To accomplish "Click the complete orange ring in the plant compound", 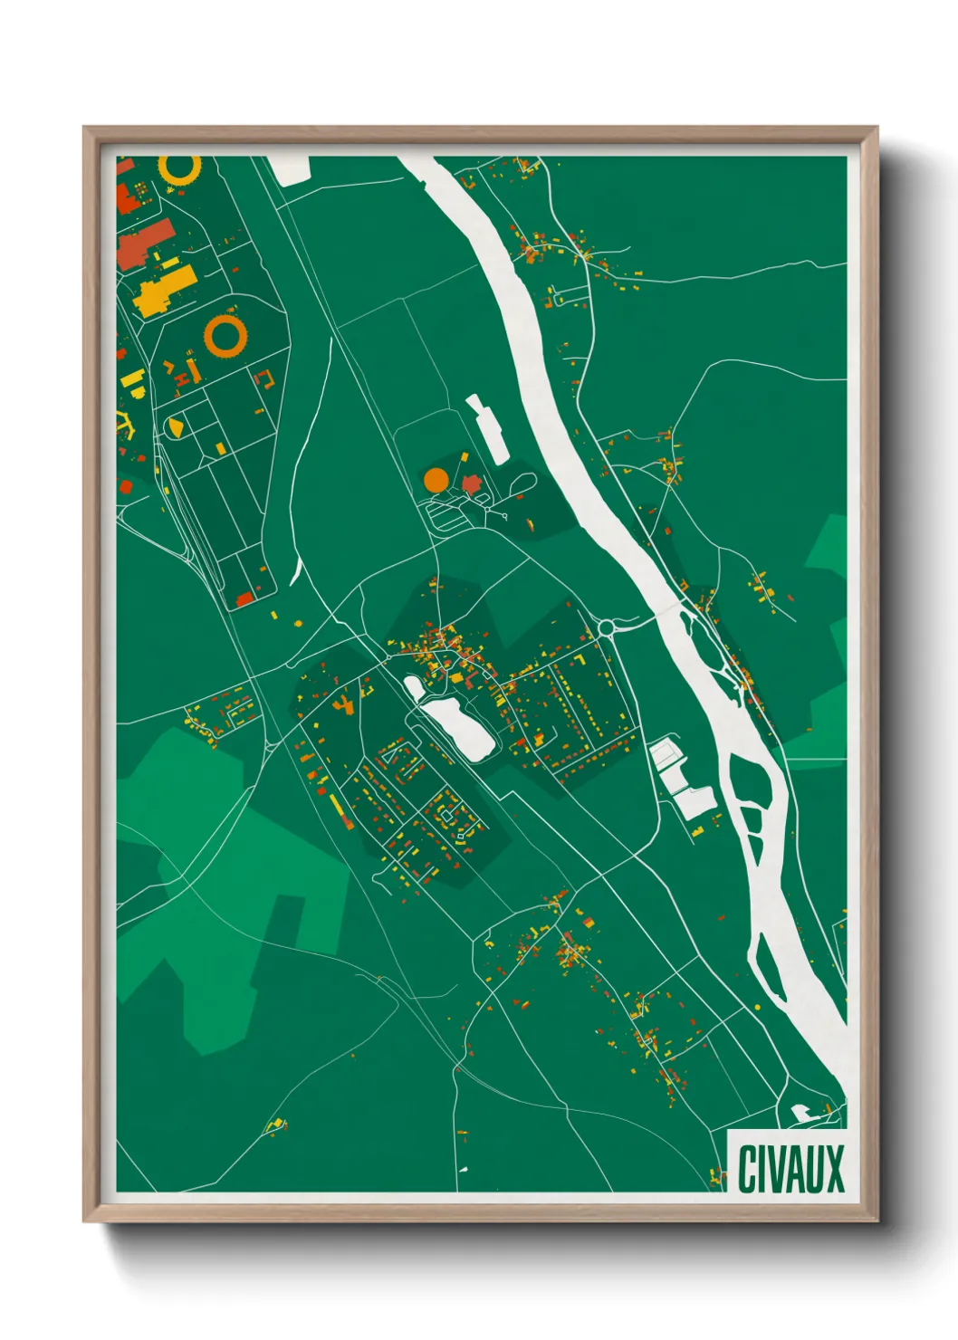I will click(x=225, y=335).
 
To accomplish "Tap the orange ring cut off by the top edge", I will click(x=178, y=169).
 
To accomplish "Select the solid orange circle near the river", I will click(x=436, y=480).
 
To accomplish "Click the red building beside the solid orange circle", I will click(x=471, y=484).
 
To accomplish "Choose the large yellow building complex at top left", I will click(x=165, y=288).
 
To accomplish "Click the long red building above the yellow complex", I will click(x=143, y=242).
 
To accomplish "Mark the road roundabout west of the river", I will click(x=607, y=627).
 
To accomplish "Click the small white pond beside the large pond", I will click(x=415, y=688).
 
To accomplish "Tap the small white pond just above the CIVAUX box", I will click(x=802, y=1113).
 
